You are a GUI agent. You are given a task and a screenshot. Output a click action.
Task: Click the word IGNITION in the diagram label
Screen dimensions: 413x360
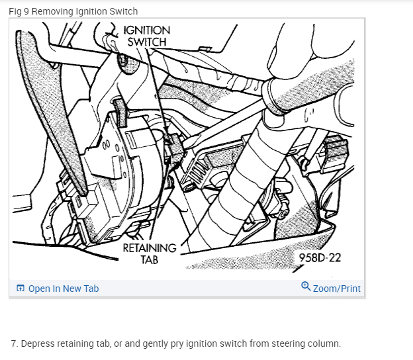pos(147,30)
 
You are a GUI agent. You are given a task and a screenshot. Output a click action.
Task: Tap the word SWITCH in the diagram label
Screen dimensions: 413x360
pos(147,42)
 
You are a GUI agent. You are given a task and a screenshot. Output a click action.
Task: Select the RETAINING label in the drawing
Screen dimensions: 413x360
pos(150,248)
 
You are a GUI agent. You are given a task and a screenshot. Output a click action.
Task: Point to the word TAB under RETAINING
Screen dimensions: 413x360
pos(150,259)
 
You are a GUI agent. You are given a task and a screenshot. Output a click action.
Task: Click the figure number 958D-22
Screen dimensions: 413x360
pos(320,257)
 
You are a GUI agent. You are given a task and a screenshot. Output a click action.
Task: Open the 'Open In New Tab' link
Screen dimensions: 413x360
pos(64,289)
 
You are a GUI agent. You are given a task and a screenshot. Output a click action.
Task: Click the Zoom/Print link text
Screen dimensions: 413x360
pos(337,289)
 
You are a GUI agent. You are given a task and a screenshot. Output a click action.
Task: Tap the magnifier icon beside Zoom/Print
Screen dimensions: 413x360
pos(305,287)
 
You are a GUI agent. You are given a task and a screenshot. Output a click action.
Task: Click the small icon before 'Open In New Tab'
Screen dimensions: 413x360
pos(20,289)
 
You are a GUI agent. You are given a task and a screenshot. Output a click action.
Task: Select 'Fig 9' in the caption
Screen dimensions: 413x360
pos(20,11)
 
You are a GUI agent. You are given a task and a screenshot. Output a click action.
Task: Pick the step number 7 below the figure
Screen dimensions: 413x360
pos(14,343)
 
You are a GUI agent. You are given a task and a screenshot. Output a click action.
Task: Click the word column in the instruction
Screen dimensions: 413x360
pos(322,343)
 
